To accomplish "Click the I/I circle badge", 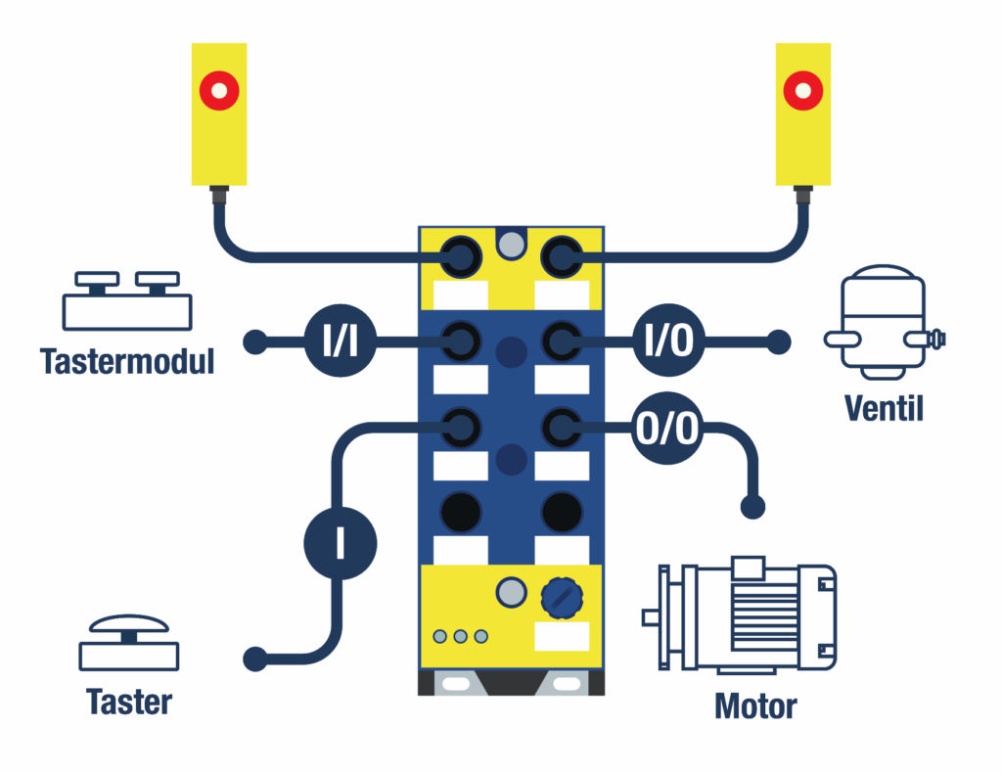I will [x=339, y=341].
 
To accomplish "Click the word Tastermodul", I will [x=127, y=361].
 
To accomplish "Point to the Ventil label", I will [x=885, y=407].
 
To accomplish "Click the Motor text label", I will [x=755, y=705].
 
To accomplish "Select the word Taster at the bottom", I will [x=129, y=702].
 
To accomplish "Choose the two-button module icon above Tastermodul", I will [x=127, y=300].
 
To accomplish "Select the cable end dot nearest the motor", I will [x=752, y=507].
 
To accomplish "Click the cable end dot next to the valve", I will [x=779, y=341].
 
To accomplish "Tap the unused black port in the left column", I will [x=460, y=510].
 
